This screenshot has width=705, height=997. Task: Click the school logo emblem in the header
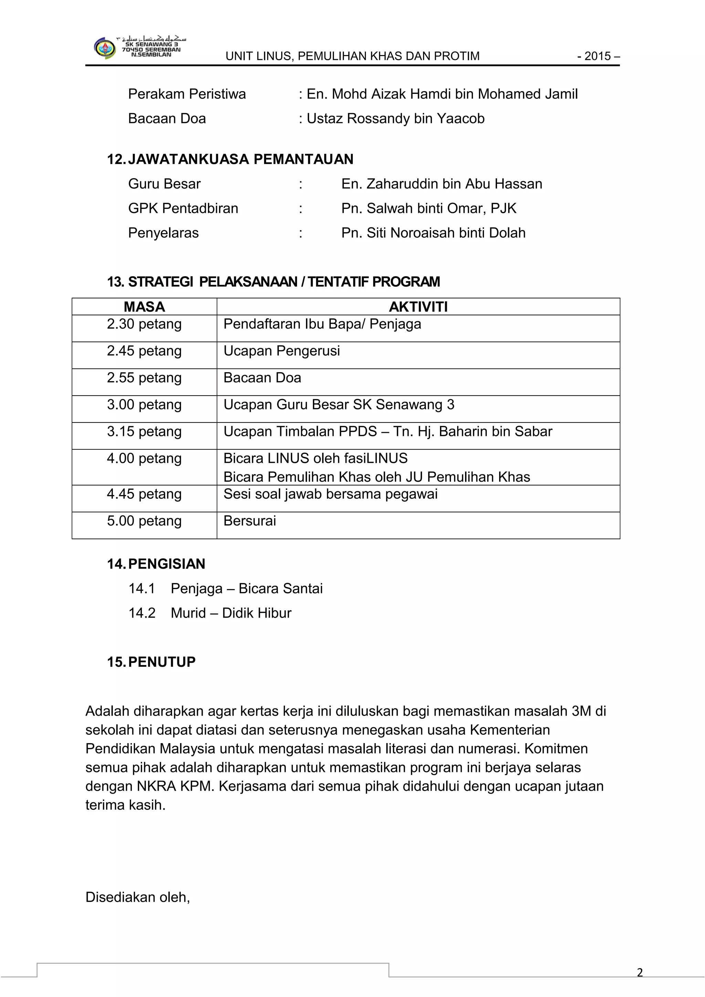pyautogui.click(x=105, y=48)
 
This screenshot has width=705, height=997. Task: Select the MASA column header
pyautogui.click(x=144, y=307)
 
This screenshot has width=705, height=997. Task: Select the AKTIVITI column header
pyautogui.click(x=418, y=307)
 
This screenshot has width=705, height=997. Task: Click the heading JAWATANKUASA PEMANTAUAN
pyautogui.click(x=240, y=159)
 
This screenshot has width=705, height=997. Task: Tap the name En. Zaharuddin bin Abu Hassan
pyautogui.click(x=441, y=184)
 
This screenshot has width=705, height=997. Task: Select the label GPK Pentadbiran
pyautogui.click(x=183, y=208)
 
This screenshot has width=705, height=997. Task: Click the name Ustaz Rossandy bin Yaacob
pyautogui.click(x=395, y=119)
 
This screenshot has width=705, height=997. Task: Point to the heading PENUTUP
pyautogui.click(x=161, y=662)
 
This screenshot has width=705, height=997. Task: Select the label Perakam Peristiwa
pyautogui.click(x=187, y=94)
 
